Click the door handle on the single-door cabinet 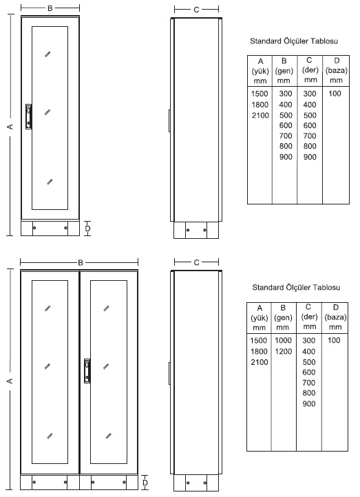tap(28, 116)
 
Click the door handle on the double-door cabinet tap(87, 370)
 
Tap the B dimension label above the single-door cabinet tap(50, 8)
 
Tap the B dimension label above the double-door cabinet tap(81, 262)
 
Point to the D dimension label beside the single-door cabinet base tap(88, 229)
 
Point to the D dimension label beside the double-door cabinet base tap(145, 483)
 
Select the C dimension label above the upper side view tap(196, 10)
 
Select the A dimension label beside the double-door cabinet tap(10, 380)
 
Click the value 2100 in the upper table tap(260, 115)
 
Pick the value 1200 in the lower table tap(284, 351)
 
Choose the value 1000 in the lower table tap(284, 341)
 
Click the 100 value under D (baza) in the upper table tap(335, 94)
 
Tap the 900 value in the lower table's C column tap(309, 403)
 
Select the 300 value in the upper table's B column tap(286, 94)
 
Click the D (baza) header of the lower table tap(335, 317)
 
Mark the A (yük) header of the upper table tap(260, 71)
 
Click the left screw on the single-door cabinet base tap(34, 228)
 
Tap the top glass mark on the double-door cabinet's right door tap(107, 308)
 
